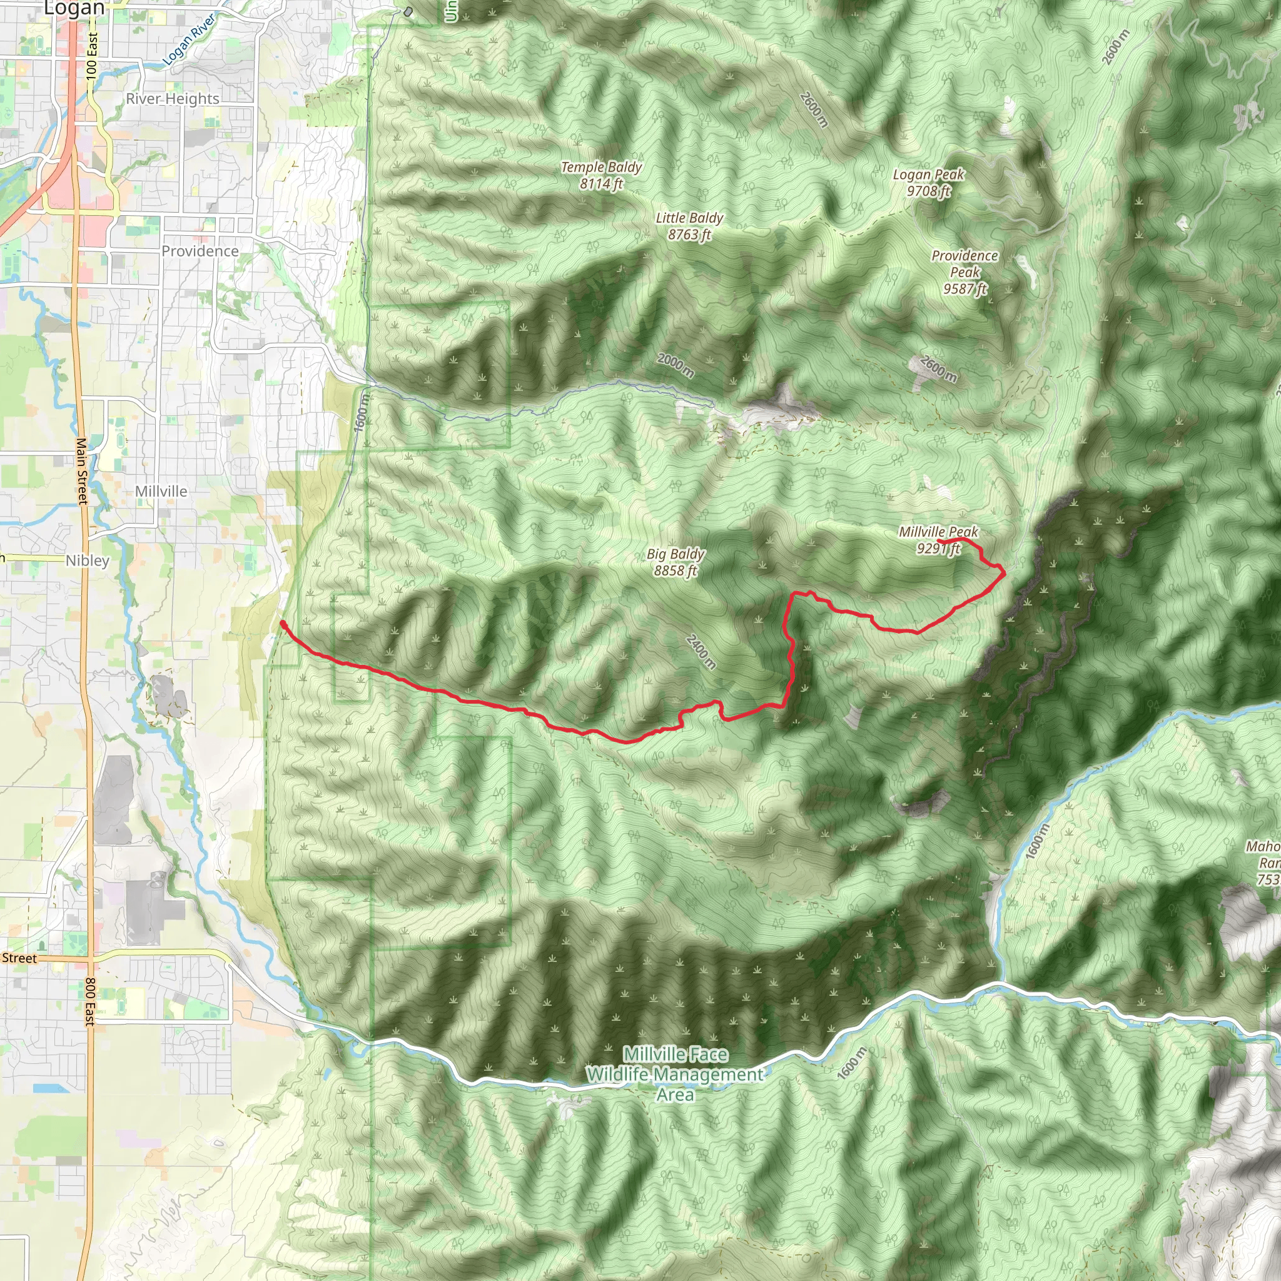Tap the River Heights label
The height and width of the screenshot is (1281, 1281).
click(173, 99)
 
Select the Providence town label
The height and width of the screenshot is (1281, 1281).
click(200, 251)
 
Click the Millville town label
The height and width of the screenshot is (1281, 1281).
click(161, 491)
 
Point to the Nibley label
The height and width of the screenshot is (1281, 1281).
click(88, 560)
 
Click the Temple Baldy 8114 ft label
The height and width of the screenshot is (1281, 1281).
click(601, 176)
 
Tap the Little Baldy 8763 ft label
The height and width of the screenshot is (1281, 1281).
click(689, 226)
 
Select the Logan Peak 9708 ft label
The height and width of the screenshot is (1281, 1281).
click(928, 183)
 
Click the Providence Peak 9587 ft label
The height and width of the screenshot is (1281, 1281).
click(965, 272)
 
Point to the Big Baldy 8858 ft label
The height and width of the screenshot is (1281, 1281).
click(676, 562)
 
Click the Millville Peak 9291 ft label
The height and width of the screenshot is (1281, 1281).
click(938, 540)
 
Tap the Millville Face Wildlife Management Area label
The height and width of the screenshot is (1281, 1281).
click(675, 1074)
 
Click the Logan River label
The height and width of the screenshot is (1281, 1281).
click(189, 40)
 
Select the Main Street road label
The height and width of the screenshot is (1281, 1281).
click(81, 471)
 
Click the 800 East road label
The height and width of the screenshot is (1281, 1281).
click(90, 1001)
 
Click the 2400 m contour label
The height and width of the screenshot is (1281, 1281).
click(701, 652)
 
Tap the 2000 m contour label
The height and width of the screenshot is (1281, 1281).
click(676, 365)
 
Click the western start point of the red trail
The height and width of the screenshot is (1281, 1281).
click(283, 623)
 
